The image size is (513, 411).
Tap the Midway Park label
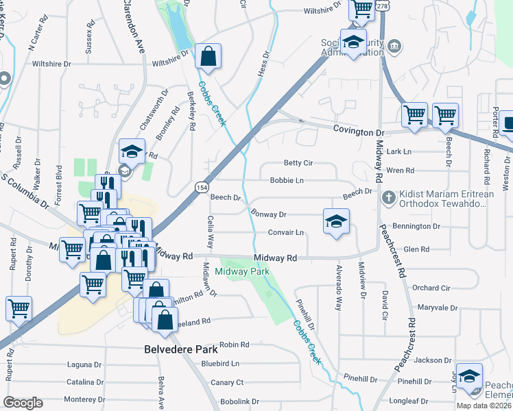coord(242,272)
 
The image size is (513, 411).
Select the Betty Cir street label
coord(298,163)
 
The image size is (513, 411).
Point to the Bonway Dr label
coord(268,214)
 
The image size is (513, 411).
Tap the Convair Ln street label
coord(286,232)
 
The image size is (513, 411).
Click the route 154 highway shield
coord(202,187)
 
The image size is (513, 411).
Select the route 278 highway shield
coord(382,5)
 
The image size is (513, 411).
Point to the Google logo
coord(23,403)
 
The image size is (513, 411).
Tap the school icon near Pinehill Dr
coord(469,377)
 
